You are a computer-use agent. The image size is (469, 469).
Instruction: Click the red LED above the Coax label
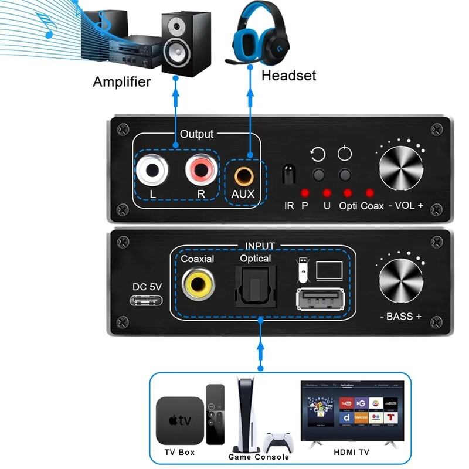[x=369, y=192]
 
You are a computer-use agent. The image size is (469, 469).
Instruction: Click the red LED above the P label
[x=304, y=193]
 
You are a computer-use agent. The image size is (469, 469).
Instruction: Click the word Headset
[x=288, y=76]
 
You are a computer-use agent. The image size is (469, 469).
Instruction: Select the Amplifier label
[x=121, y=81]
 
